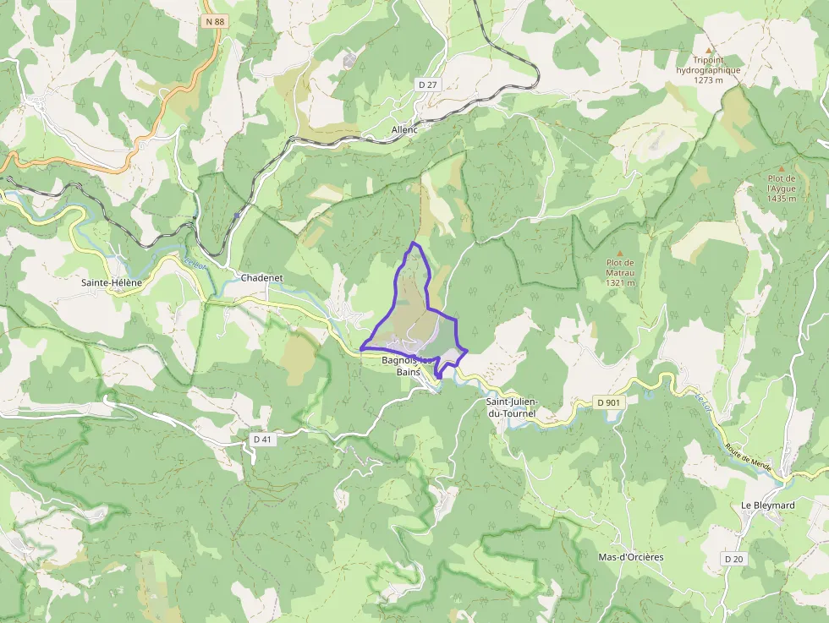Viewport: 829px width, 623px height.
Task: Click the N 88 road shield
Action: pos(214,22)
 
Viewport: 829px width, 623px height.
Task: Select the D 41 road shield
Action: pos(263,440)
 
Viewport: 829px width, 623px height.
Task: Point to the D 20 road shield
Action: pos(733,560)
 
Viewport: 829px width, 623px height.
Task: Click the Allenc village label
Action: pos(405,130)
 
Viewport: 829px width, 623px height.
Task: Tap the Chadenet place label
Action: pos(261,278)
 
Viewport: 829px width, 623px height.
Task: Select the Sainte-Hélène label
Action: pos(111,282)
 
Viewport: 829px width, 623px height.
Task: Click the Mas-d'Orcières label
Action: pos(630,557)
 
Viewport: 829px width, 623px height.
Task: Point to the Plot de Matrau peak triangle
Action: pos(619,253)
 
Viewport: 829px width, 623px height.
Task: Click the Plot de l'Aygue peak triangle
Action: pos(781,168)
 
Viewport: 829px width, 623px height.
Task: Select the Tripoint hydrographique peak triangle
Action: pos(709,50)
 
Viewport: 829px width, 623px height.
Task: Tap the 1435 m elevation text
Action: pos(782,199)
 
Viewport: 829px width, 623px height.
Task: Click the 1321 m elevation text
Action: pos(620,283)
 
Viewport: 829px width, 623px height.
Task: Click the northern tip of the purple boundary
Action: pos(413,243)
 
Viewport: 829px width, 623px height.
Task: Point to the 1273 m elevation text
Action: pos(708,80)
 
